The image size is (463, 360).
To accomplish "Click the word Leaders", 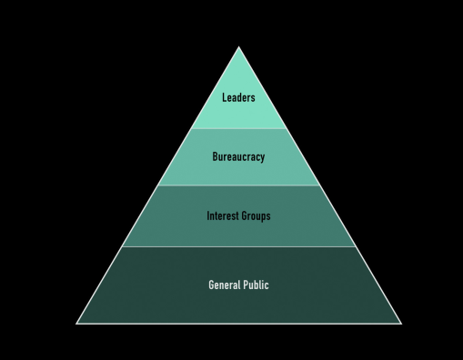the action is pos(238,97).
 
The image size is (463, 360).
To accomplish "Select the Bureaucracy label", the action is pos(238,157).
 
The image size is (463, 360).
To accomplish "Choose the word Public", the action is pos(257,285).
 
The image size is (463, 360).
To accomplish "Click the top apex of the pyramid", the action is pos(238,46).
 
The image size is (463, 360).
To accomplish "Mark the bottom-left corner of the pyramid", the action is pos(76,324).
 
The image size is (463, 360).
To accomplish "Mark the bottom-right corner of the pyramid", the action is pos(401,324).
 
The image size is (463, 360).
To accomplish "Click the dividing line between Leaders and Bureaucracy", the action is pos(238,128).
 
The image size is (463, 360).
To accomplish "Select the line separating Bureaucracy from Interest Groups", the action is pos(238,185).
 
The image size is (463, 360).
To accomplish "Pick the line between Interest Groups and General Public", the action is pos(238,246).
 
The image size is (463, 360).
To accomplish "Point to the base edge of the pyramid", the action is pos(238,324).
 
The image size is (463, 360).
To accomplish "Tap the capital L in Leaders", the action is pos(225,97).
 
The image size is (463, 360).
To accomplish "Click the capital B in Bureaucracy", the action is pos(215,156).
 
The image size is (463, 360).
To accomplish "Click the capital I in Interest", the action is pos(208,215).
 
